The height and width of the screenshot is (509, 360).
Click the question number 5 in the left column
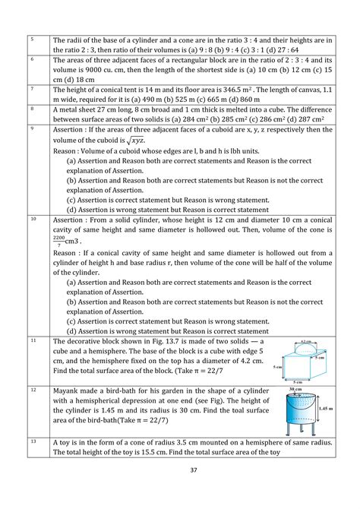click(x=33, y=39)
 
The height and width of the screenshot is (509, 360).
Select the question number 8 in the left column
click(x=33, y=109)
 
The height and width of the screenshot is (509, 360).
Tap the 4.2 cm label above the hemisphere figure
click(x=305, y=343)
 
